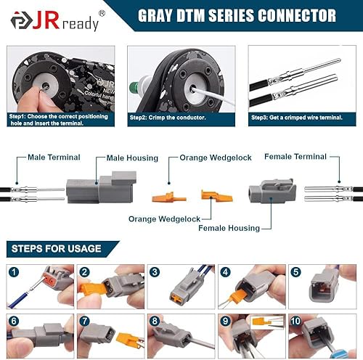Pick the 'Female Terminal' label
(x=295, y=156)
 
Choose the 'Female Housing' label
(x=229, y=228)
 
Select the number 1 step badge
(x=15, y=272)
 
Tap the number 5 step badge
(x=296, y=272)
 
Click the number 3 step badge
(x=155, y=272)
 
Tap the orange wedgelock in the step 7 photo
(x=128, y=338)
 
